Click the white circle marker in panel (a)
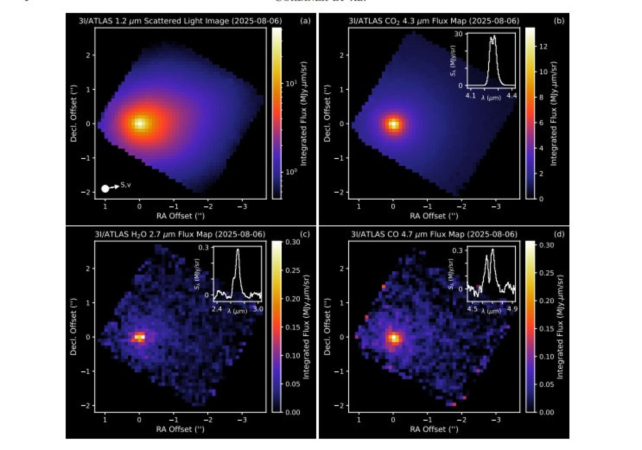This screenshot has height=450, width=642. coord(105,189)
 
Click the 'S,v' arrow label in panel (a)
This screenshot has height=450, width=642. coord(126,185)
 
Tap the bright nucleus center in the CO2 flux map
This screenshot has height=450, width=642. coord(394,124)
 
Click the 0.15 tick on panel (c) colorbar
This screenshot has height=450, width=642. coord(293,327)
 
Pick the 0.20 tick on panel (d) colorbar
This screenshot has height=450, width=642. coord(546,301)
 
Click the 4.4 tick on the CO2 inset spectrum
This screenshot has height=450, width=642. coord(512,96)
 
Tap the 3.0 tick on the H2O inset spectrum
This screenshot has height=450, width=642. coord(258,309)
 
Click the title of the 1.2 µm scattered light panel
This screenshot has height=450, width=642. coord(180,21)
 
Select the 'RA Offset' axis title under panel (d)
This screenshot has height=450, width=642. coord(434,429)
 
